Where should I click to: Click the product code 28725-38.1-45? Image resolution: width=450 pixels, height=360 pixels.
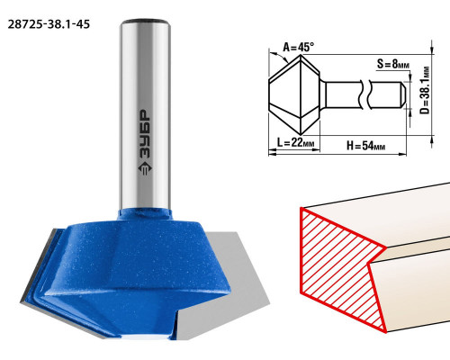click(x=49, y=24)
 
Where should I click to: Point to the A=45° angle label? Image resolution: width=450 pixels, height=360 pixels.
click(x=299, y=47)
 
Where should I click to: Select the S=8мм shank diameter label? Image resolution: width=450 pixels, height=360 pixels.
click(x=393, y=64)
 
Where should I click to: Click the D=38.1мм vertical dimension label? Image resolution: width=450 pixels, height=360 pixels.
click(x=425, y=91)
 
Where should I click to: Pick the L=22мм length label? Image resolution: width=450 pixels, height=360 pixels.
click(x=295, y=142)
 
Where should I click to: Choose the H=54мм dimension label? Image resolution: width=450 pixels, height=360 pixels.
click(x=366, y=146)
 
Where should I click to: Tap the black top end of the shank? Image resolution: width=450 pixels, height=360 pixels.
click(x=146, y=22)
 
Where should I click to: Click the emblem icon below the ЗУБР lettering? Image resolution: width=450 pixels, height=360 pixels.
click(x=145, y=168)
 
